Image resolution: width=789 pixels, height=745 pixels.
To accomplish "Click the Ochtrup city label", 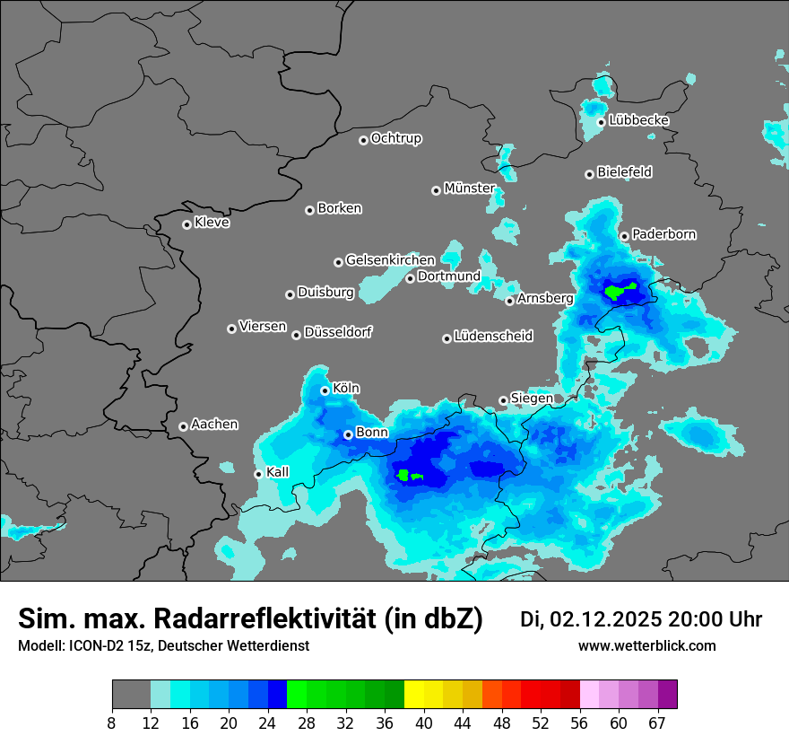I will (x=395, y=139).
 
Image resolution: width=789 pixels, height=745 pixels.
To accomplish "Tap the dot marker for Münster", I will (x=436, y=190).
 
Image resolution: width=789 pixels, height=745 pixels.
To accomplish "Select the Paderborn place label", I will (x=663, y=235).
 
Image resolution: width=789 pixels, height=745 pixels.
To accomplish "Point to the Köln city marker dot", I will (x=325, y=390).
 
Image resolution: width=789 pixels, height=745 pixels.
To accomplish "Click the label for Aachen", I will (x=214, y=425).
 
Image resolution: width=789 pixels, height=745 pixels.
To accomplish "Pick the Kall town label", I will (x=278, y=472).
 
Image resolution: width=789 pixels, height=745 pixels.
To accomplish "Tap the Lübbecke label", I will (x=638, y=121).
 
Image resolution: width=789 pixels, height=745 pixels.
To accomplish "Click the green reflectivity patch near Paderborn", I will (x=620, y=291).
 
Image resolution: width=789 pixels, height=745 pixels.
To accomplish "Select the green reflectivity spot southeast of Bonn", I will (x=410, y=475).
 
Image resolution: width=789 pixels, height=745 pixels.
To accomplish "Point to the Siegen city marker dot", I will (x=503, y=400).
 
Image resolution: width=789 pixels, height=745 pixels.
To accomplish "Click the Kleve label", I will (x=212, y=223).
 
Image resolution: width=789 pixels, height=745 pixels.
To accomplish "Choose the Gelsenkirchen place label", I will (x=390, y=260).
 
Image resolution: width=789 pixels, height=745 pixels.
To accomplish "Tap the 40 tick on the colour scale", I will (x=424, y=723).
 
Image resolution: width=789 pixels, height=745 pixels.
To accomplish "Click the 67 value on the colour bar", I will (x=658, y=723).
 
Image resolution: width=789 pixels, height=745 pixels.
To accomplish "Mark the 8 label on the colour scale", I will (x=112, y=723).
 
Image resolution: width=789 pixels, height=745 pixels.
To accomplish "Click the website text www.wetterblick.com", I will (x=646, y=646).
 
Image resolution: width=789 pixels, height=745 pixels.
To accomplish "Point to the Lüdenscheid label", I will (x=493, y=337).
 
